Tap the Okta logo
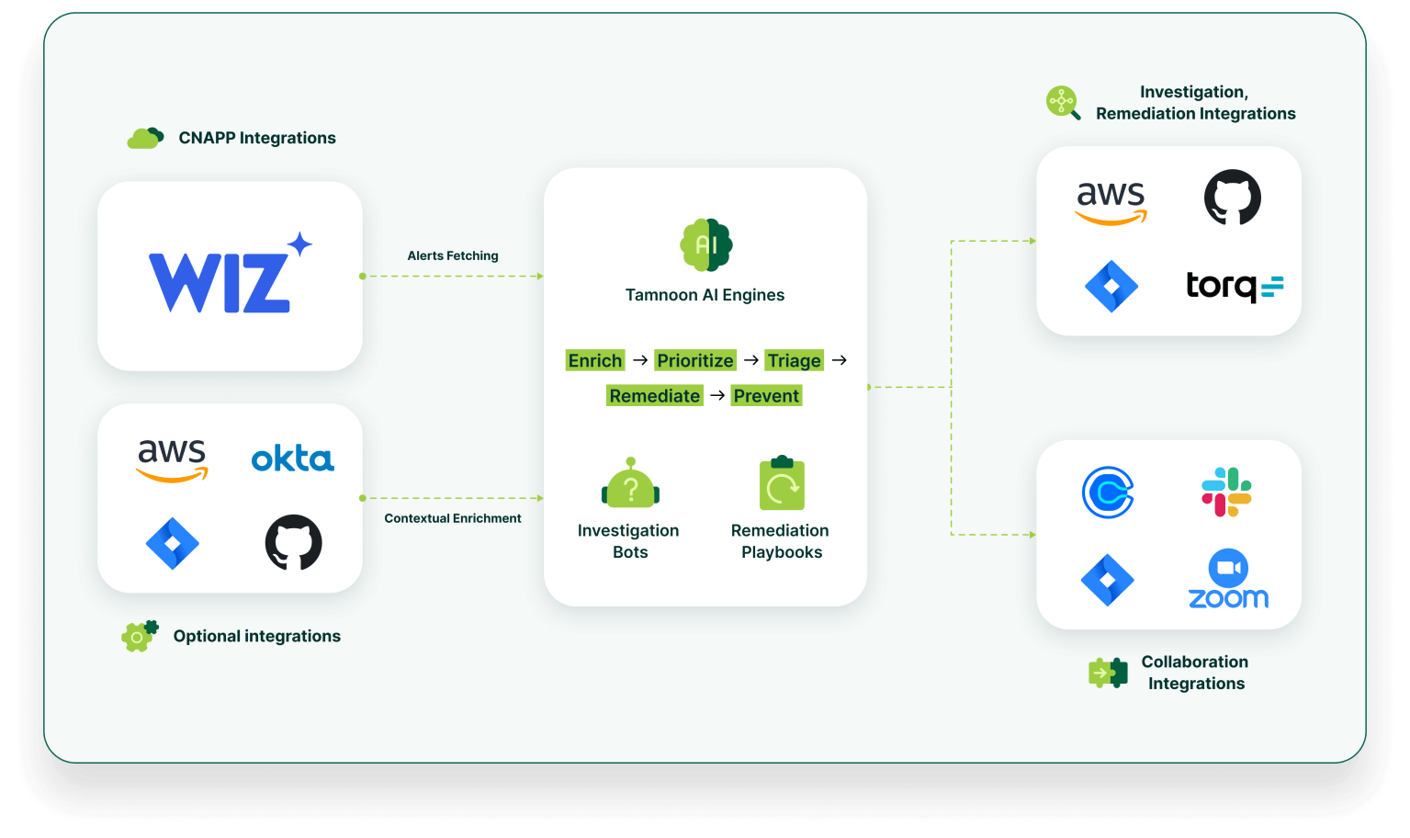coord(292,459)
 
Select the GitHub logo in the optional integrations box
coord(293,542)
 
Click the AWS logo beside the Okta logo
coord(172,459)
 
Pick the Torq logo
coord(1234,286)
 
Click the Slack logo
coord(1226,493)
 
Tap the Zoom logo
coord(1228,580)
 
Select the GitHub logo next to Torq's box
coord(1232,197)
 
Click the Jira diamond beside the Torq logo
coord(1111,286)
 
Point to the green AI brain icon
coord(705,245)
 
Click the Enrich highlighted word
coord(595,360)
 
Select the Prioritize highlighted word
coord(695,360)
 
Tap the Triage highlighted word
coord(794,360)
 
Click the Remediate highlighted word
coord(654,396)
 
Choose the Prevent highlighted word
coord(766,396)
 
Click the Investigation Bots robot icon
coord(630,483)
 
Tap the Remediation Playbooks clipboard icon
coord(782,483)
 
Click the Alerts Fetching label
coord(453,255)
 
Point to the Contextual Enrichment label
coord(452,518)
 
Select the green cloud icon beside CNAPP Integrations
coord(144,139)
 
